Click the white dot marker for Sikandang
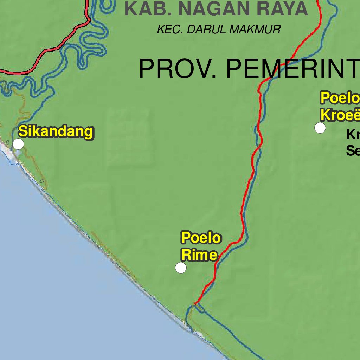coord(18,144)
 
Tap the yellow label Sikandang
coord(56,132)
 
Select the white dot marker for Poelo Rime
coord(181,268)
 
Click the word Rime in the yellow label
coord(199,255)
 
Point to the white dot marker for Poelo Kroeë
coord(320,128)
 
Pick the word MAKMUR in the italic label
coord(255,30)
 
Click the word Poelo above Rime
coord(201,238)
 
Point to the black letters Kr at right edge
coord(353,134)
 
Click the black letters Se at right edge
coord(353,151)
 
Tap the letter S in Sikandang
coord(22,132)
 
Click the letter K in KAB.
coord(130,9)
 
